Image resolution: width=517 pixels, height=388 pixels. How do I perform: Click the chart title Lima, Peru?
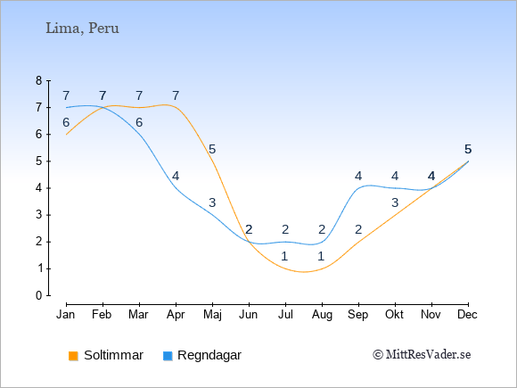click(x=82, y=28)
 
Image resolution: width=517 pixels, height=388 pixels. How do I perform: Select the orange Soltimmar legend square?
click(x=73, y=356)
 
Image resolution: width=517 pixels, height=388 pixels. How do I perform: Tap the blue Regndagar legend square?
click(x=168, y=356)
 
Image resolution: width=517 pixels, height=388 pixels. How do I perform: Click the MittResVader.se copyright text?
click(x=422, y=355)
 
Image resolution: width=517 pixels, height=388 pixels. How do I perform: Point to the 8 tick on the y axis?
click(x=39, y=80)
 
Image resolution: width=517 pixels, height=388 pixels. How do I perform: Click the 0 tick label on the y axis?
click(x=39, y=295)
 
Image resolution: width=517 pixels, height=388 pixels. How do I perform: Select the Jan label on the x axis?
click(x=66, y=315)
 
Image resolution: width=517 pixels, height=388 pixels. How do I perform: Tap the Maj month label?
click(x=212, y=315)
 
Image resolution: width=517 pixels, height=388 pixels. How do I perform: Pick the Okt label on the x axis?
click(x=394, y=315)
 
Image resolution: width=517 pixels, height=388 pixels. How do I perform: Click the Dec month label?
click(x=468, y=315)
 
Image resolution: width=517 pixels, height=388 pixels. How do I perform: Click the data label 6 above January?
click(x=66, y=123)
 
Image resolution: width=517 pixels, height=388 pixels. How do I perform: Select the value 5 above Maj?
click(x=212, y=150)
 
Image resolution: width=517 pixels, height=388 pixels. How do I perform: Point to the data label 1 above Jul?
click(x=285, y=256)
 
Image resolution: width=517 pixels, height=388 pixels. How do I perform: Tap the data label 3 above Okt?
click(x=395, y=202)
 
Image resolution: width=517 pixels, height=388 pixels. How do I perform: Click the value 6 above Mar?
click(x=139, y=123)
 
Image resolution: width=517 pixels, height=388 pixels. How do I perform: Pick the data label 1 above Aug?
click(x=322, y=256)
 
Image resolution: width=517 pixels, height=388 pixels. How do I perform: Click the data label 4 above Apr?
click(x=176, y=177)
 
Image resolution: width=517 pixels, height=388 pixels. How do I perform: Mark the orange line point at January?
click(x=66, y=135)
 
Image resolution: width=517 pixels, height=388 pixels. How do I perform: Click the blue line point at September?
click(x=358, y=188)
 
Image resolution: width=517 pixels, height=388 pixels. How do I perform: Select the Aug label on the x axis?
click(x=322, y=315)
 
